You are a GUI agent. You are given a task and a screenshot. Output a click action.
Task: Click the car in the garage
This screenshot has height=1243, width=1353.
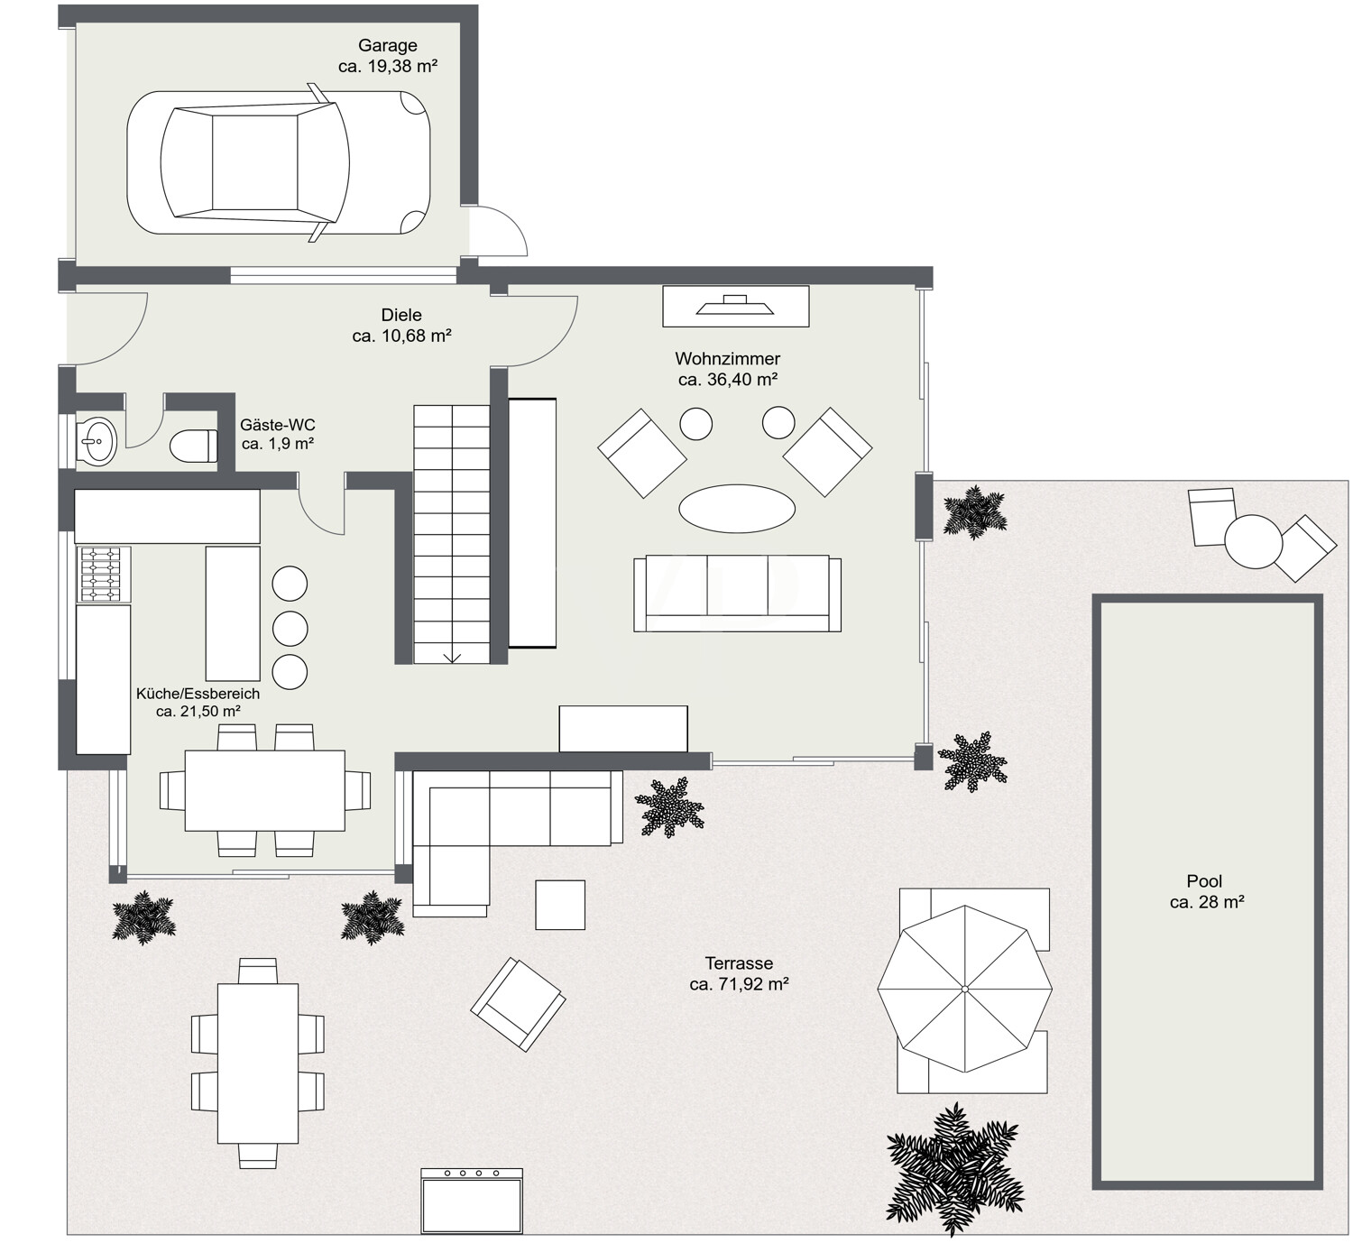coord(279,162)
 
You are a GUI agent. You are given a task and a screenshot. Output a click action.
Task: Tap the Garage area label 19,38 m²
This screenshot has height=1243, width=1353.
coord(388,66)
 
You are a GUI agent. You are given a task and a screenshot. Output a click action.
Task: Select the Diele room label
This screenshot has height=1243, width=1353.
coord(401,315)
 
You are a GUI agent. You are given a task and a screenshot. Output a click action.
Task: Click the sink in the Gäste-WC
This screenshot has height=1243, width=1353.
coord(96,442)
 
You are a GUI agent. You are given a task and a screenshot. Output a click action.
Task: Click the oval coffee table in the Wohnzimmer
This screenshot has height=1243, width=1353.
coord(737,508)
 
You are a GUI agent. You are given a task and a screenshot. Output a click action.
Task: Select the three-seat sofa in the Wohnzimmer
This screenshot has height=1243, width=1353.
coord(737,594)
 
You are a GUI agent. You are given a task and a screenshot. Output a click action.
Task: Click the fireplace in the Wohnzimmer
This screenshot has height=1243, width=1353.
coord(736,307)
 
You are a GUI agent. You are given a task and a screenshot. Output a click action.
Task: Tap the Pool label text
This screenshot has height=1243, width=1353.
coord(1204,880)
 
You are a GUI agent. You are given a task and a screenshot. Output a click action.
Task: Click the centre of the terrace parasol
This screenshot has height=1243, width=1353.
coord(964,989)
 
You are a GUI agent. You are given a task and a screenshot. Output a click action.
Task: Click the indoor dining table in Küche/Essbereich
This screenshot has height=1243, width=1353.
coord(265,790)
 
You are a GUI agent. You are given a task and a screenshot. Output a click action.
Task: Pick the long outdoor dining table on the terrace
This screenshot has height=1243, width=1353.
coord(258,1063)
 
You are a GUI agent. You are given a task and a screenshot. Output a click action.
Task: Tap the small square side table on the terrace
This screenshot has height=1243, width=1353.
coord(560,905)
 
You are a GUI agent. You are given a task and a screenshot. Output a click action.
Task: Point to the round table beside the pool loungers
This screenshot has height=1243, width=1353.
coord(1253,541)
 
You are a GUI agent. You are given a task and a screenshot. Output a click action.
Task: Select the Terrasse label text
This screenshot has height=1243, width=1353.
coord(740,963)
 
